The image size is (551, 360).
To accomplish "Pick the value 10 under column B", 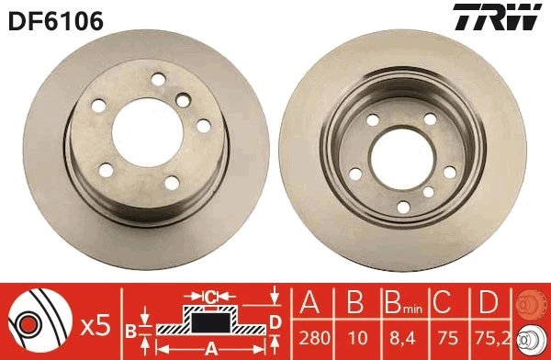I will coord(354,336).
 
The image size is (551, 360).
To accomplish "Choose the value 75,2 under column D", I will coord(489,336).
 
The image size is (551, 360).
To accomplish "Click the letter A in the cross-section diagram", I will coord(210,350).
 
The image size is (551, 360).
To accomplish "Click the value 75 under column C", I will coord(443,336).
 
